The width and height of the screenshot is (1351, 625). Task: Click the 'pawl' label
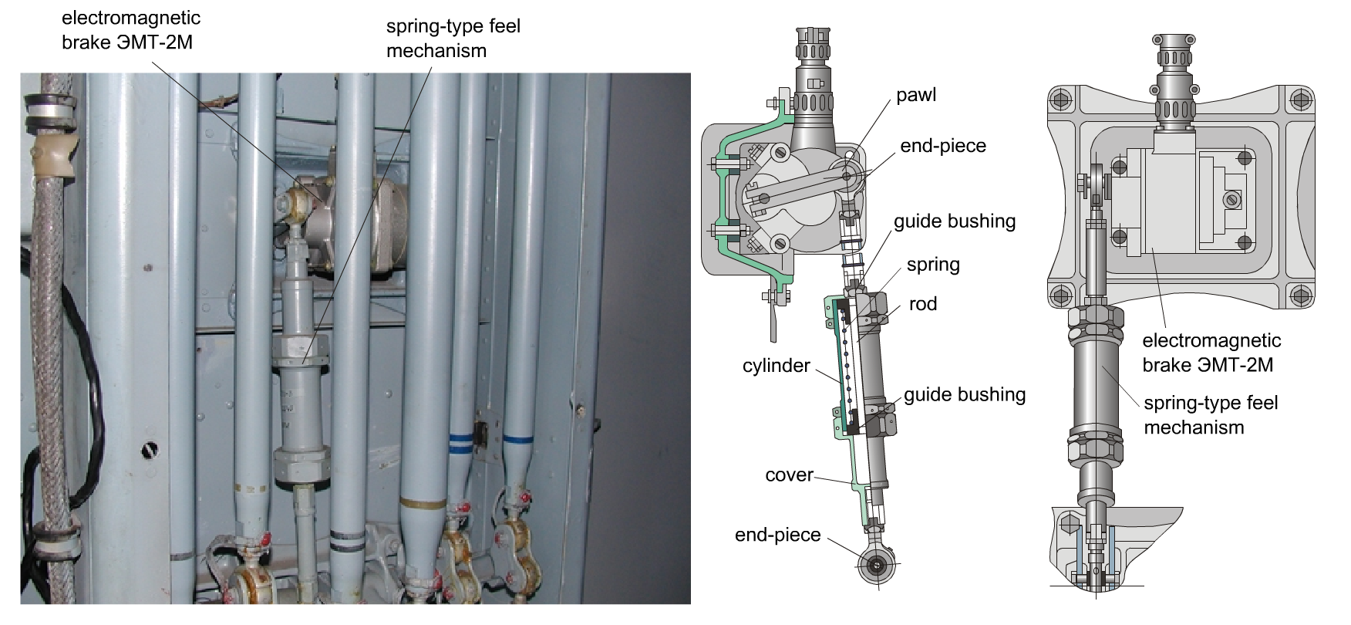click(x=916, y=96)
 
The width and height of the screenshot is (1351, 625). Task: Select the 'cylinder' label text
click(x=777, y=365)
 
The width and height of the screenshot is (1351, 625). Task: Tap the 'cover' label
click(x=789, y=475)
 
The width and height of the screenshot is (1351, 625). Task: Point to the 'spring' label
click(x=933, y=265)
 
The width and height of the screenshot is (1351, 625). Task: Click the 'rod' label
click(x=923, y=304)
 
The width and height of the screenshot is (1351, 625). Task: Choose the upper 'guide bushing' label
click(x=955, y=222)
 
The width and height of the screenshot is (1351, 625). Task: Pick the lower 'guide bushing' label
click(x=965, y=395)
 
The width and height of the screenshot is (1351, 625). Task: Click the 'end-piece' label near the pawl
click(x=943, y=146)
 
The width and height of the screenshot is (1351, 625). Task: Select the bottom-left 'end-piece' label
click(x=778, y=535)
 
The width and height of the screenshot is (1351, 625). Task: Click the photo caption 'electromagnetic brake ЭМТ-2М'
click(x=131, y=30)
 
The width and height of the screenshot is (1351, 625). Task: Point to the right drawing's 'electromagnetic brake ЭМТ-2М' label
click(x=1211, y=353)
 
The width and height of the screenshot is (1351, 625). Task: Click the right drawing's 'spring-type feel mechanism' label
click(x=1211, y=415)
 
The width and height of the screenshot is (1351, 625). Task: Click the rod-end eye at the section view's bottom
click(x=878, y=565)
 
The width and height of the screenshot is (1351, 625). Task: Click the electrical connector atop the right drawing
click(x=1172, y=81)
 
